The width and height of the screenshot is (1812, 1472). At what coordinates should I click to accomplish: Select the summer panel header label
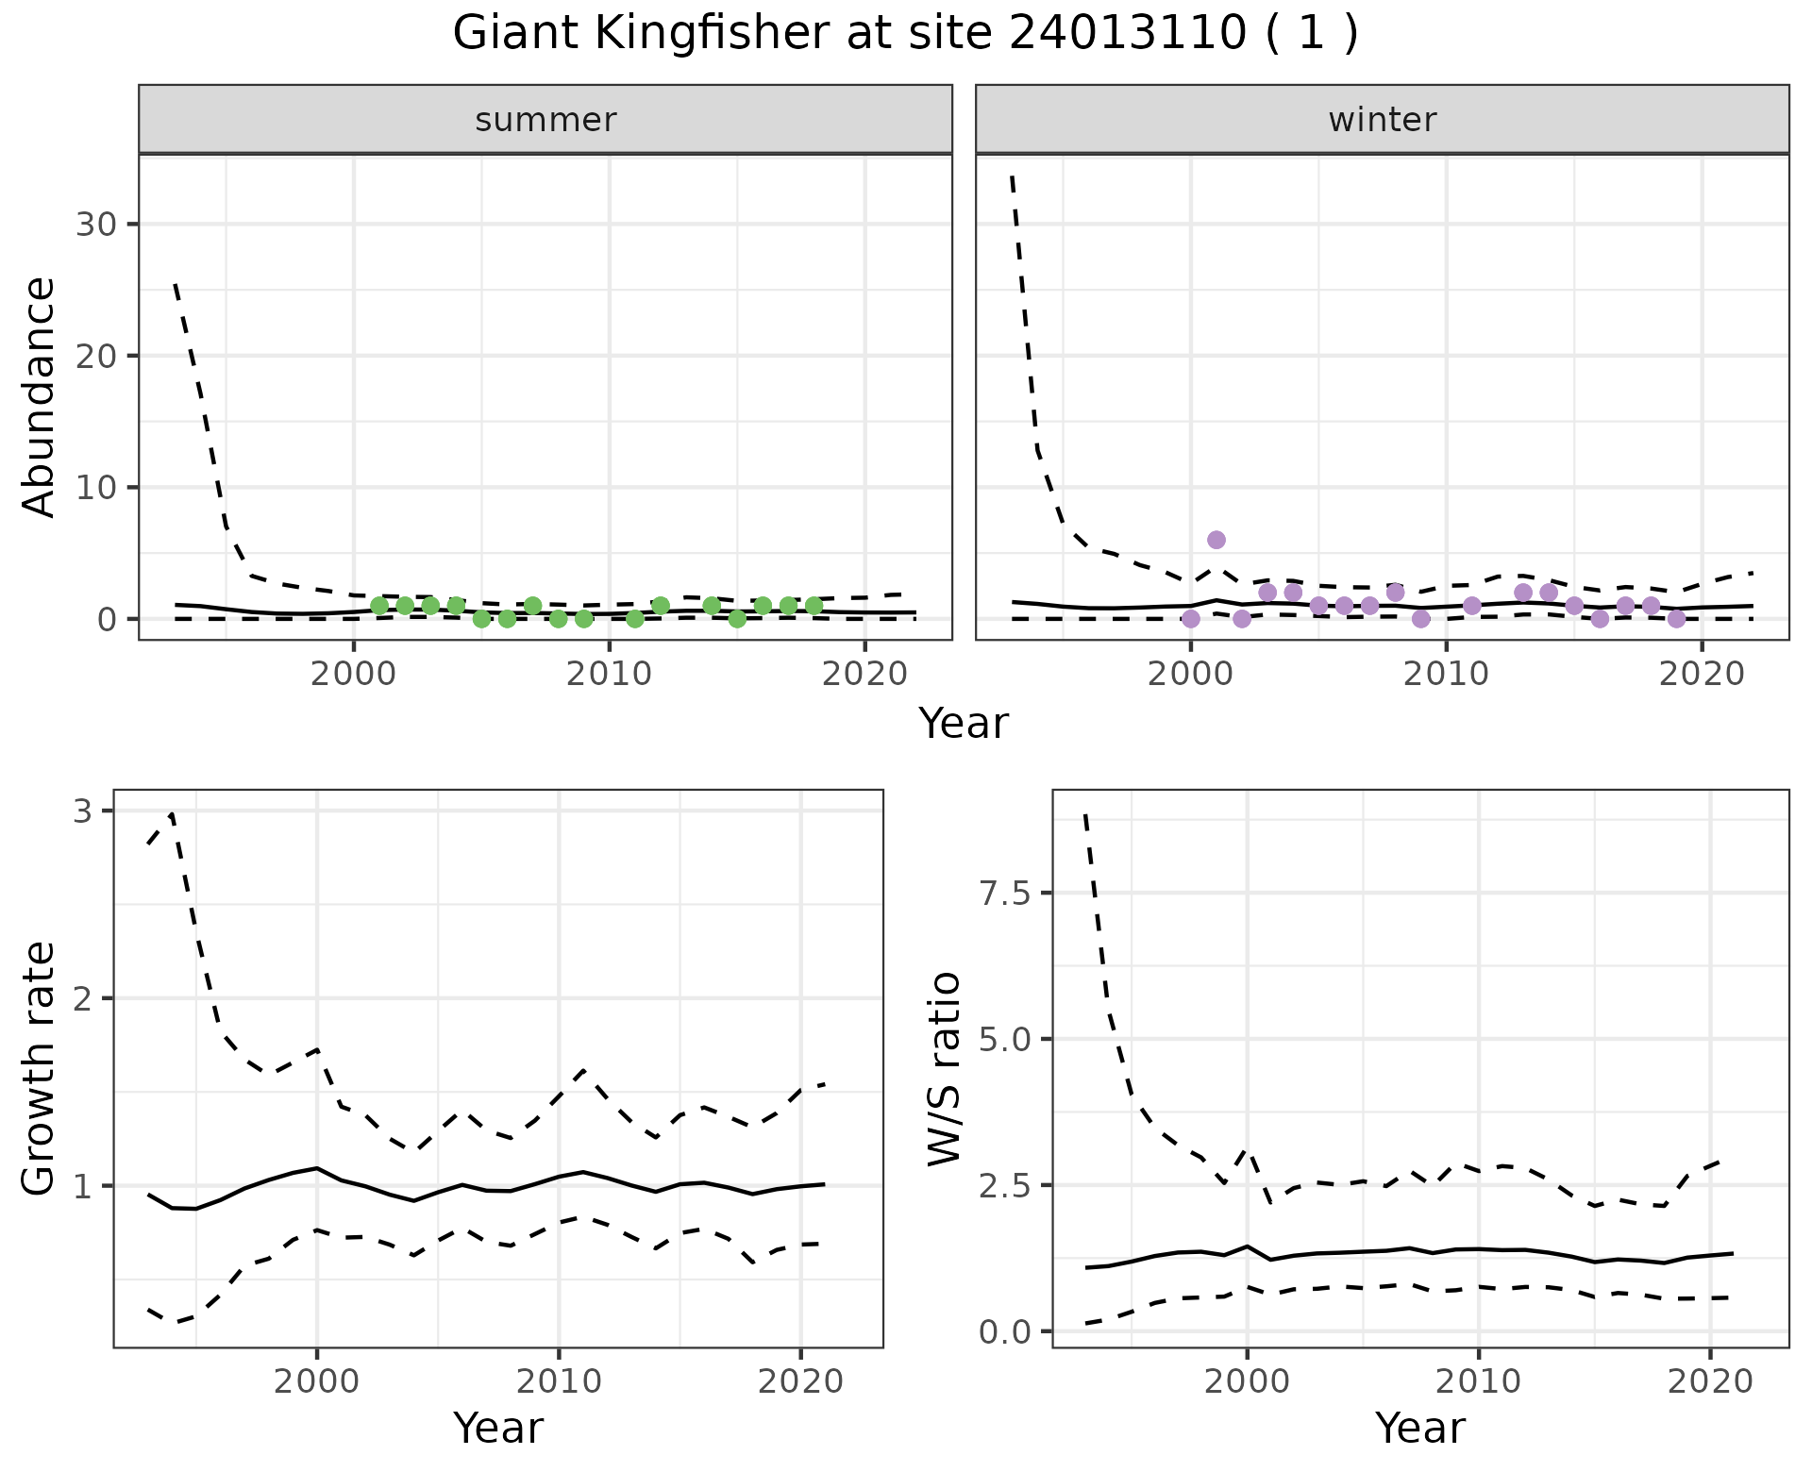[x=545, y=120]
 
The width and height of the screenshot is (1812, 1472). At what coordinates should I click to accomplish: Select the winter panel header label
[x=1382, y=120]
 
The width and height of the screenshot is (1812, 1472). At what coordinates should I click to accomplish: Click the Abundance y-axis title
[x=40, y=397]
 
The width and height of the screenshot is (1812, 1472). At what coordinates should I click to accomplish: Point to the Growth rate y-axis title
[x=40, y=1068]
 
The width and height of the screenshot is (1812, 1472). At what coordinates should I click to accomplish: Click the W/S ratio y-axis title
[x=944, y=1068]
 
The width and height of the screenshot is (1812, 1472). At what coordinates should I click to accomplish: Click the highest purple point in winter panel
[x=1216, y=540]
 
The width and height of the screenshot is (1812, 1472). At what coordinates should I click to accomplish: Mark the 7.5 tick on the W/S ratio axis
[x=1004, y=894]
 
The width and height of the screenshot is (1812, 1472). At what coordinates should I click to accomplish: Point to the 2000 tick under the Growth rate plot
[x=316, y=1381]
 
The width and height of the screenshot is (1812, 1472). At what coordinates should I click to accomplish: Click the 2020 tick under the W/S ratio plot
[x=1710, y=1381]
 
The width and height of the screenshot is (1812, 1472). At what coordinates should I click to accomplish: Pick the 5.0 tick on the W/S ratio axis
[x=1004, y=1040]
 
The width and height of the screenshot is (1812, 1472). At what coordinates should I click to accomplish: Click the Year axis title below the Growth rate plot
[x=498, y=1429]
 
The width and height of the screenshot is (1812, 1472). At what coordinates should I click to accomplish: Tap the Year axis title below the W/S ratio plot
[x=1419, y=1429]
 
